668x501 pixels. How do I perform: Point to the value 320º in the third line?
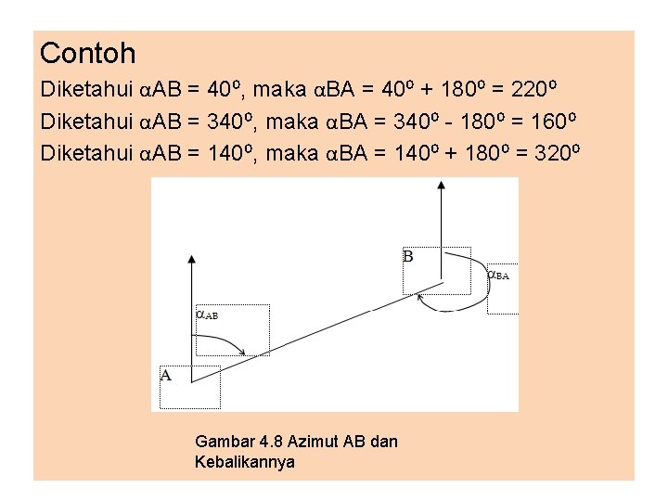click(x=556, y=151)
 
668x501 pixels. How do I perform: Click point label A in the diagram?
click(x=166, y=376)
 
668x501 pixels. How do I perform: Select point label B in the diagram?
click(x=408, y=256)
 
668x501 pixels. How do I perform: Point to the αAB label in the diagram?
click(x=206, y=315)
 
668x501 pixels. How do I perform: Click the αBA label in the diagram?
click(x=498, y=275)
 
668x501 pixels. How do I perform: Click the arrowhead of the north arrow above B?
click(x=442, y=185)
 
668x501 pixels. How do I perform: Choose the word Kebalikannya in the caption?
click(x=245, y=461)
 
